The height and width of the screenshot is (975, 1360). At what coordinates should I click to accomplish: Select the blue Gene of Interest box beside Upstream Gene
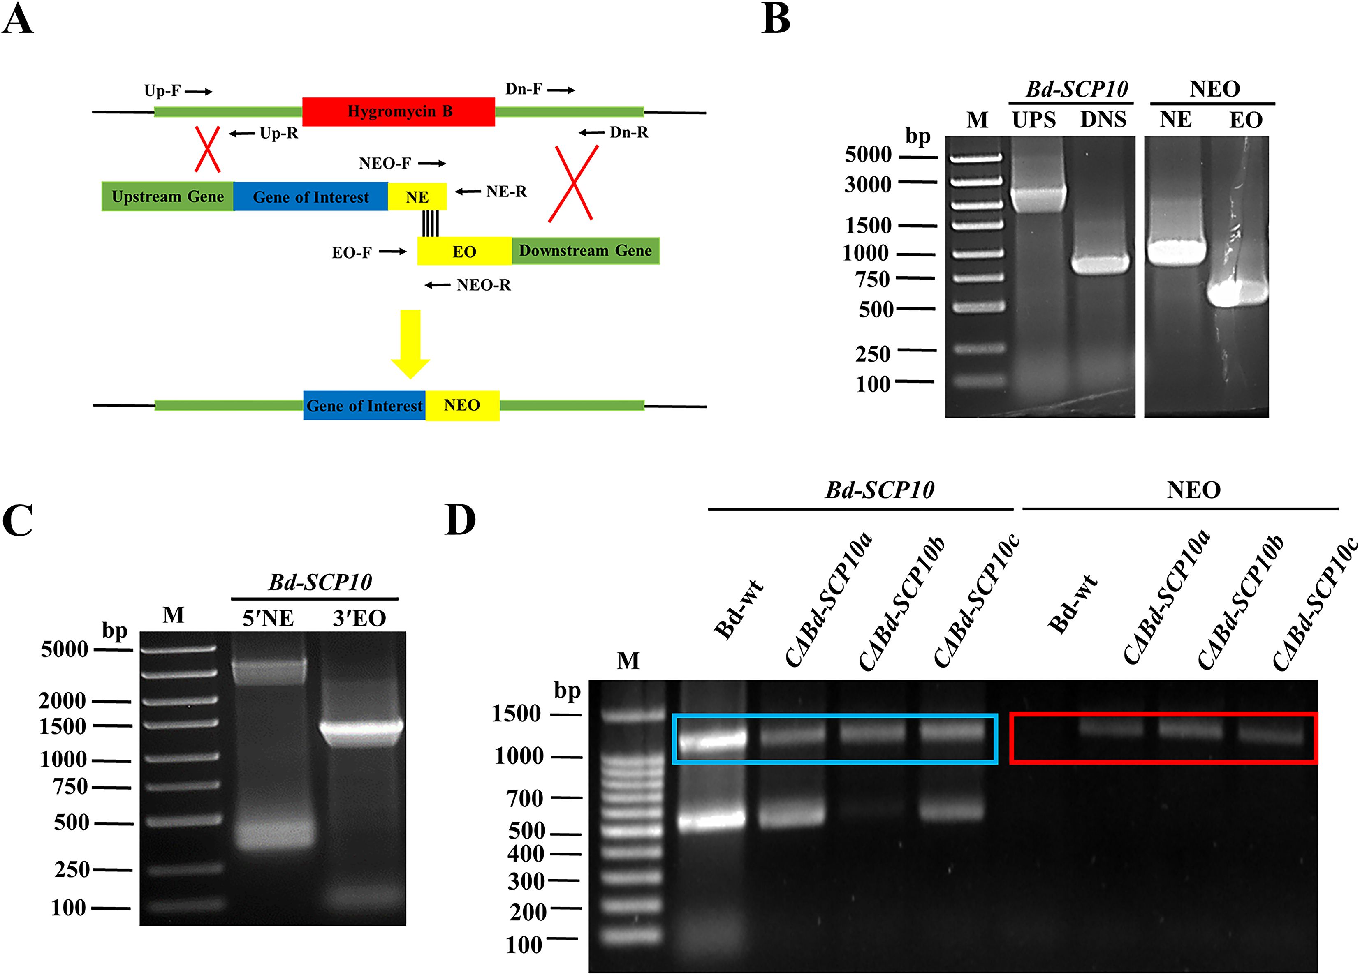(310, 196)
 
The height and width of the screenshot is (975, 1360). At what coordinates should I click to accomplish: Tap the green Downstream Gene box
(585, 250)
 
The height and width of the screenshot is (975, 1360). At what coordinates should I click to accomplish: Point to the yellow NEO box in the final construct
(462, 405)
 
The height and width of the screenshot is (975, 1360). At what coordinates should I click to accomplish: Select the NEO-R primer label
(483, 285)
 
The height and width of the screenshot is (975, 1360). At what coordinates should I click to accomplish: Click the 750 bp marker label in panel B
(873, 279)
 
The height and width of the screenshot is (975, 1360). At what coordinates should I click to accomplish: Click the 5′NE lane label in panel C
(268, 618)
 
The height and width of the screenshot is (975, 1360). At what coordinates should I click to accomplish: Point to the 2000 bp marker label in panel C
(63, 700)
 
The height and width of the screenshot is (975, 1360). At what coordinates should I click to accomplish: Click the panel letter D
(460, 520)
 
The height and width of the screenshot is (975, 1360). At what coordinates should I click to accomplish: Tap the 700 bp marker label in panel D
(525, 798)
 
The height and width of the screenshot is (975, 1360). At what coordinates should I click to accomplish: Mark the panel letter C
(18, 520)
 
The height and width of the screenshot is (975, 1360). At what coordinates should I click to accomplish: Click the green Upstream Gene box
(167, 196)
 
